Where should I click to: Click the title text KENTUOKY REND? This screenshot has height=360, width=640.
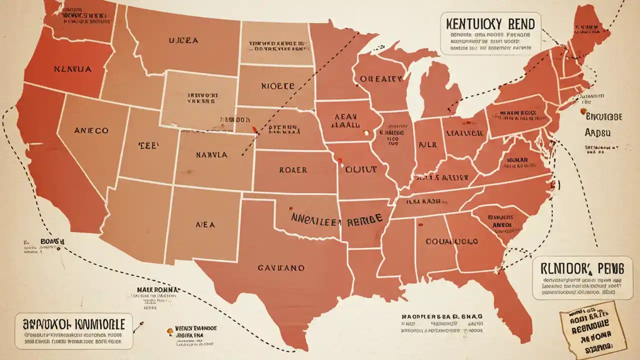pyautogui.click(x=488, y=23)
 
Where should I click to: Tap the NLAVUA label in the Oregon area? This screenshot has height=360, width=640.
pyautogui.click(x=72, y=69)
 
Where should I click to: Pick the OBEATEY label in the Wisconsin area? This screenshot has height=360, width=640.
pyautogui.click(x=381, y=79)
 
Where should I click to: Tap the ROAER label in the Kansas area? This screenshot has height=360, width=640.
pyautogui.click(x=293, y=170)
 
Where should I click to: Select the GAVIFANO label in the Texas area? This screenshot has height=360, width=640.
pyautogui.click(x=281, y=268)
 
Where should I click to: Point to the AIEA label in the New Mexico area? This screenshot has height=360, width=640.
pyautogui.click(x=205, y=225)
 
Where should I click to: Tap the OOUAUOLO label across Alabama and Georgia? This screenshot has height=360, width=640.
pyautogui.click(x=451, y=241)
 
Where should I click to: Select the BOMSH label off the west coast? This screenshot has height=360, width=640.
pyautogui.click(x=52, y=241)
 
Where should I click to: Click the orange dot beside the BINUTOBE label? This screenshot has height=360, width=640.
pyautogui.click(x=583, y=113)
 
